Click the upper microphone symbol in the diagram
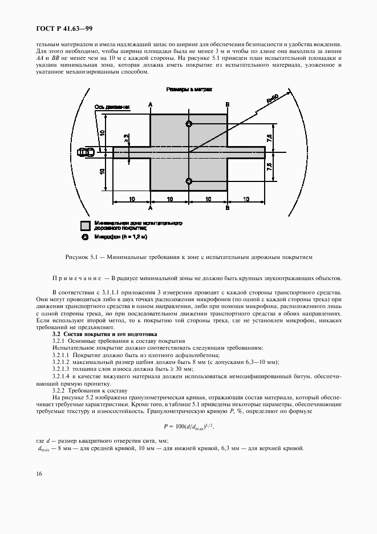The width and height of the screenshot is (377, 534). (x=189, y=124)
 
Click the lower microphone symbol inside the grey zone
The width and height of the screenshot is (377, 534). (x=189, y=181)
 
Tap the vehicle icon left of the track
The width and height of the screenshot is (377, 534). (x=87, y=152)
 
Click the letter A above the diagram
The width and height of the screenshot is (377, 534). (x=150, y=104)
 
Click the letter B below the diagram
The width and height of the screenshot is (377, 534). (x=227, y=209)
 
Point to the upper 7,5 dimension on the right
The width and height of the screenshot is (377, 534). (x=269, y=137)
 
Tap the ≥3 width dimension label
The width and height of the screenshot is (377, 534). (x=126, y=138)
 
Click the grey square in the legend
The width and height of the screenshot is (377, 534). (x=86, y=225)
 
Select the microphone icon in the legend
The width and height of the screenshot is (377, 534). (x=86, y=237)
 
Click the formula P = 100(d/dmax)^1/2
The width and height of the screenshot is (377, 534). (x=189, y=426)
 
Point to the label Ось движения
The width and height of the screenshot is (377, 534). (x=112, y=107)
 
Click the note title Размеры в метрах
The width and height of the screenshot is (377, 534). (x=189, y=90)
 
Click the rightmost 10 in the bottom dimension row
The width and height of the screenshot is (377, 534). (x=246, y=199)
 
